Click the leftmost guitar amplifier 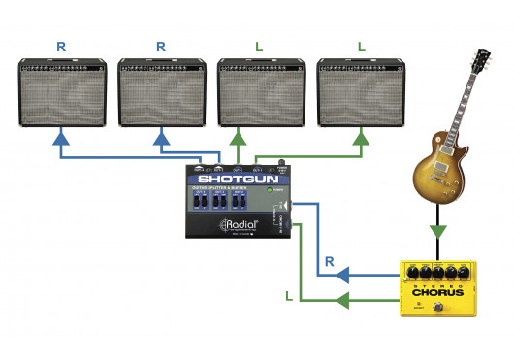(x=63, y=93)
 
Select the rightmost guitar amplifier (x=363, y=93)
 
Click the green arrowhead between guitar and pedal (x=439, y=232)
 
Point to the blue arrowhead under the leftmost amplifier (x=62, y=141)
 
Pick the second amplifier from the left (x=163, y=93)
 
